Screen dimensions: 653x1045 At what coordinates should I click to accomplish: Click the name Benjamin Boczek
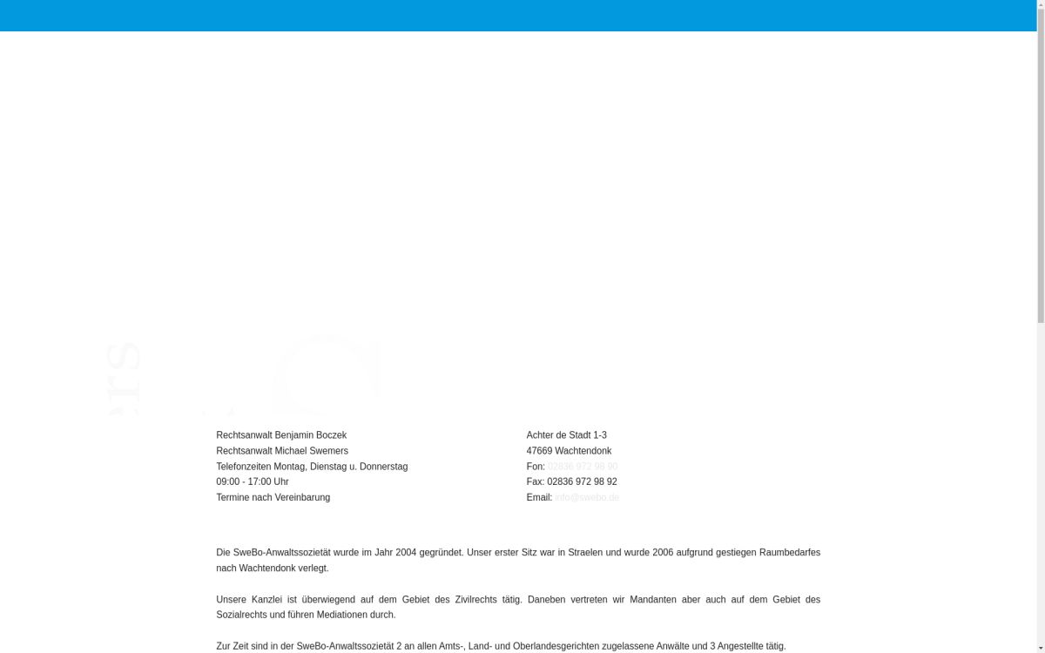click(310, 435)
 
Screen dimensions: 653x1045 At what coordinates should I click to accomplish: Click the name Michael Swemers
click(311, 451)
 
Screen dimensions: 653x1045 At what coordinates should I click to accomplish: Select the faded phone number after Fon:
click(583, 467)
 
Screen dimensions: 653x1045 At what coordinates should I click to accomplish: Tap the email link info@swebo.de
click(587, 498)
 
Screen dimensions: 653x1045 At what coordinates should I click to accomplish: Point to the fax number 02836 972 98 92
click(582, 482)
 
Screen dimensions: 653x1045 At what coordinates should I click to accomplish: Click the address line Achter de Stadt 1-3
click(566, 435)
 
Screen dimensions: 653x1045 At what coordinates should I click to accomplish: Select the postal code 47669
click(539, 451)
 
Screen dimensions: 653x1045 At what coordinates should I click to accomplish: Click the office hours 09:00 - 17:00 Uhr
click(252, 482)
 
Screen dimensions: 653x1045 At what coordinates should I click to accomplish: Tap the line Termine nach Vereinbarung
click(273, 498)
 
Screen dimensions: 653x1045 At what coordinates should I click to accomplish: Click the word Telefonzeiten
click(244, 467)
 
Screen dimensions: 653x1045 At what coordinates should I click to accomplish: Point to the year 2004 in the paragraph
click(406, 553)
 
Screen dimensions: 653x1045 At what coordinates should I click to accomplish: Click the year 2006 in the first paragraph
click(663, 553)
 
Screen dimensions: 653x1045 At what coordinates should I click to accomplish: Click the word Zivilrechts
click(477, 600)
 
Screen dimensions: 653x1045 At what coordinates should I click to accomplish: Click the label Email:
click(539, 498)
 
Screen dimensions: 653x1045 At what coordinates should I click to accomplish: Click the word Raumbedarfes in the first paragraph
click(790, 553)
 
